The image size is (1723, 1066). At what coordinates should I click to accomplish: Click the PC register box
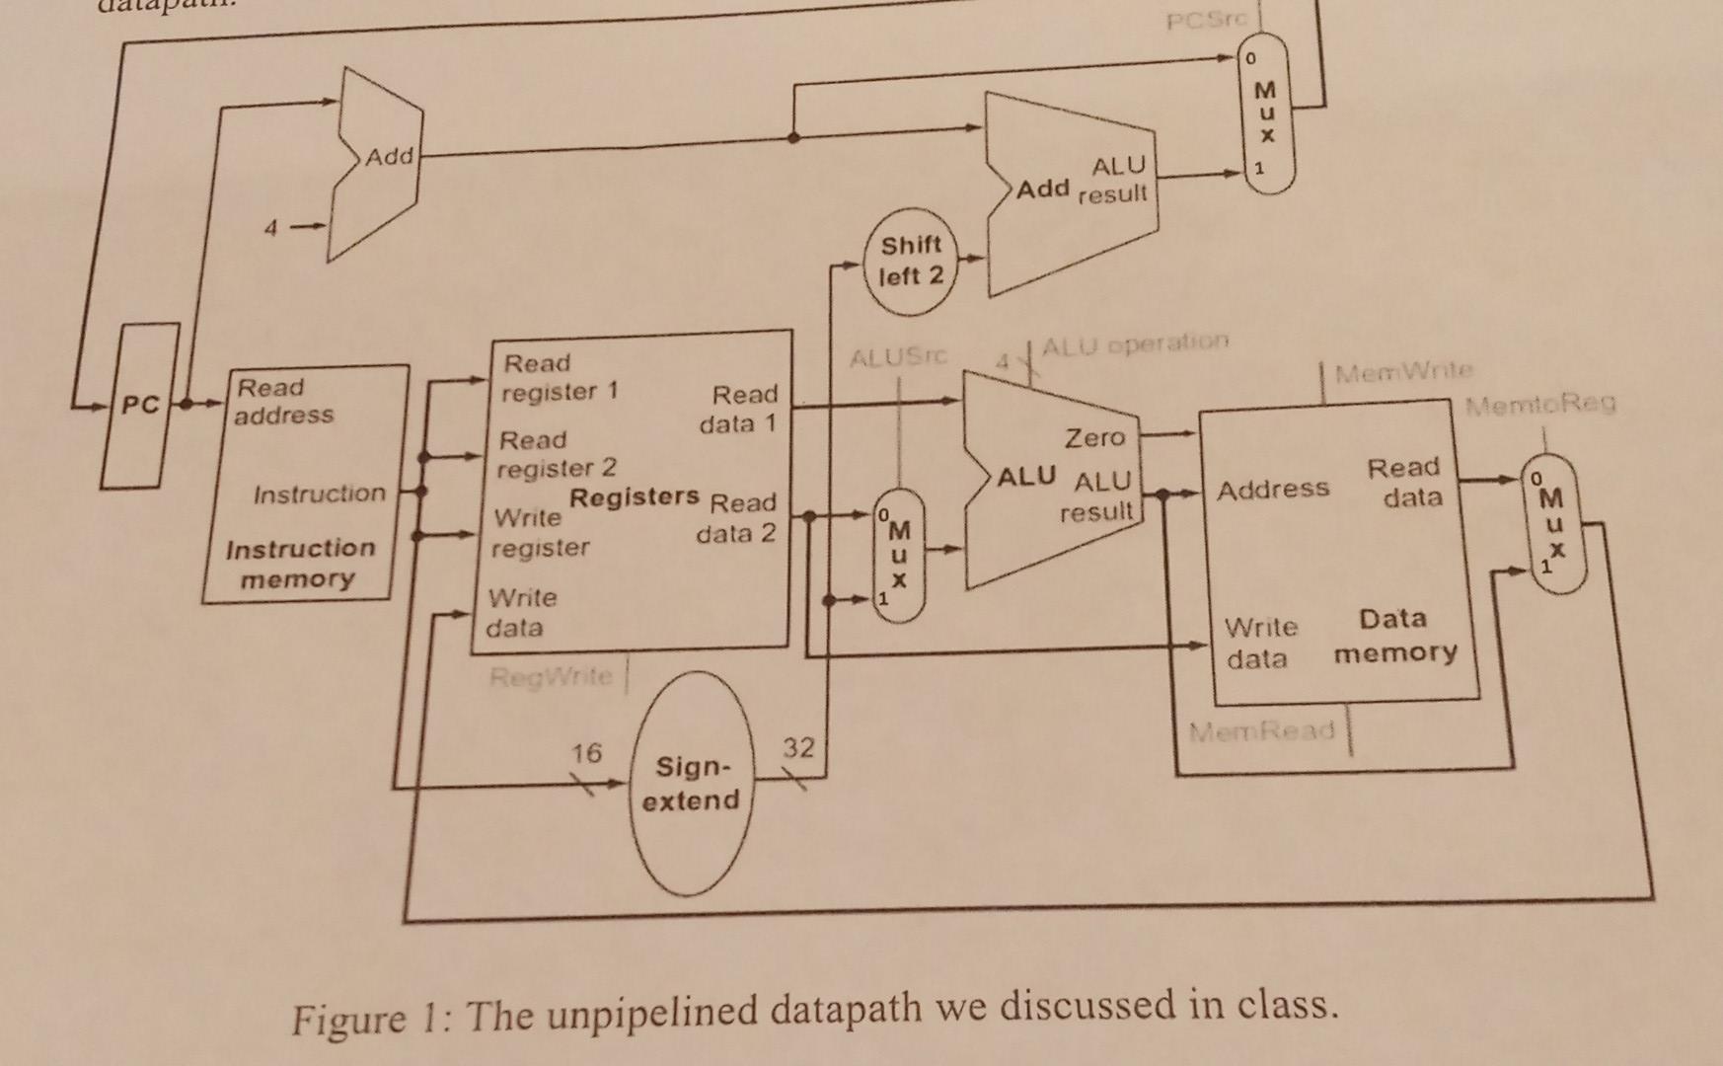140,405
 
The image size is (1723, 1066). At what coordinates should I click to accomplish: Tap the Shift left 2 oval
911,262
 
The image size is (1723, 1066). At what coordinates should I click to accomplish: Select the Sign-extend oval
691,784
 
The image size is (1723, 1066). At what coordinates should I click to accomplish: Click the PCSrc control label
1207,20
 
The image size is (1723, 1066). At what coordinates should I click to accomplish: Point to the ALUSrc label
898,356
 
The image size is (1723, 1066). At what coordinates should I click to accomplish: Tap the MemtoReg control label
1539,404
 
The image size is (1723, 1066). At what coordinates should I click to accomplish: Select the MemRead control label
1261,731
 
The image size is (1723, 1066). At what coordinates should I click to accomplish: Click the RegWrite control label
551,676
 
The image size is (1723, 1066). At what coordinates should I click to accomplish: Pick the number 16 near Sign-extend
586,753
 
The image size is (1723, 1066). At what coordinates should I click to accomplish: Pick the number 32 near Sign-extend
798,748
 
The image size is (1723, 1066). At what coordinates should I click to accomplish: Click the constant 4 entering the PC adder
270,229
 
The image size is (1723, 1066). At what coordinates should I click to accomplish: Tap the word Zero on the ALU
1093,437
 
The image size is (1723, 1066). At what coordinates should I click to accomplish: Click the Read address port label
283,401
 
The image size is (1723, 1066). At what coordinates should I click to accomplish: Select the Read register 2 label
556,454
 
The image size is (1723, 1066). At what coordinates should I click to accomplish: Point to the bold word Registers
635,496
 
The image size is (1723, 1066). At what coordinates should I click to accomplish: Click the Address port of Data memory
1272,489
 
